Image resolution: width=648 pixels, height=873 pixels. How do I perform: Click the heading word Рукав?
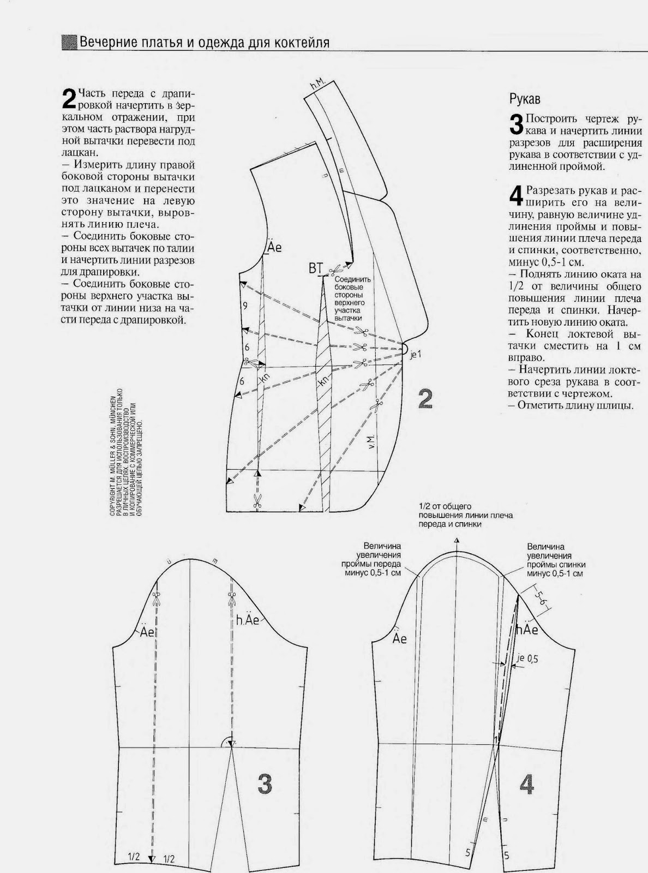pyautogui.click(x=525, y=99)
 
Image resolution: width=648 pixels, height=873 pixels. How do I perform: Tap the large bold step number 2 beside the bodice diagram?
pyautogui.click(x=425, y=399)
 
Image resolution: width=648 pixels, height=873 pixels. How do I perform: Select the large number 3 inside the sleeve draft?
pyautogui.click(x=264, y=784)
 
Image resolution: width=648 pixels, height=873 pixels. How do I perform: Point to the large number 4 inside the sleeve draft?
pyautogui.click(x=526, y=785)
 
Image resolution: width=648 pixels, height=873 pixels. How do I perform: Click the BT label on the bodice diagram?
pyautogui.click(x=316, y=268)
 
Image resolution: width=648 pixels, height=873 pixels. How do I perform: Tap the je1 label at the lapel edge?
pyautogui.click(x=416, y=355)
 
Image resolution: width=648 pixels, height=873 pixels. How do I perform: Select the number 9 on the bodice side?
pyautogui.click(x=245, y=306)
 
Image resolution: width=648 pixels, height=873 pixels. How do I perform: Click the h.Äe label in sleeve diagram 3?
pyautogui.click(x=248, y=620)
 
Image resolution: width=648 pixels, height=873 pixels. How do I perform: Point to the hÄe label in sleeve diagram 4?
pyautogui.click(x=527, y=630)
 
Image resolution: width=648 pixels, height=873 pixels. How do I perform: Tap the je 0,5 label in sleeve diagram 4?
pyautogui.click(x=527, y=659)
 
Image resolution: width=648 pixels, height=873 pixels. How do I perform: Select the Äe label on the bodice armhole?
pyautogui.click(x=274, y=247)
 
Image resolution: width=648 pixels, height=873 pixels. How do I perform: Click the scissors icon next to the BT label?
pyautogui.click(x=335, y=269)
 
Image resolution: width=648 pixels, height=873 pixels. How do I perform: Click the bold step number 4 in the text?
pyautogui.click(x=515, y=196)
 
